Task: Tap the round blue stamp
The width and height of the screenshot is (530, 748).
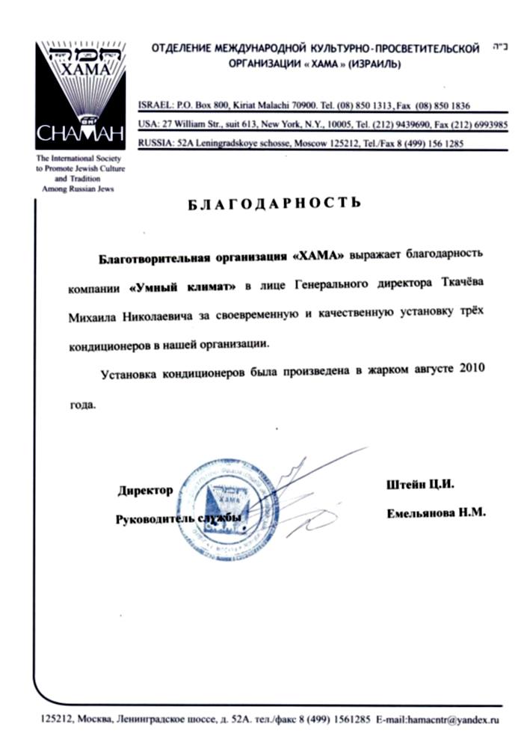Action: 224,509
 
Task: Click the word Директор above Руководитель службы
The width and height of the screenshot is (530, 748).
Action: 145,491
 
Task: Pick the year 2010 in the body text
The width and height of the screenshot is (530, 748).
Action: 473,370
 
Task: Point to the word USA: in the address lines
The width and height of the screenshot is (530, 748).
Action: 150,124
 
